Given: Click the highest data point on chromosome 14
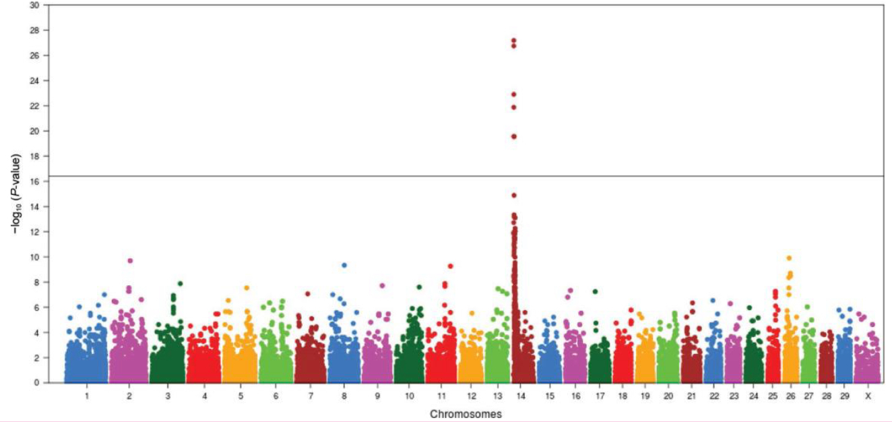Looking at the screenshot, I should [513, 40].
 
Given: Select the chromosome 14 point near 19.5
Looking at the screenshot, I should [513, 136].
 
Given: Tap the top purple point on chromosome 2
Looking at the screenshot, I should [130, 261].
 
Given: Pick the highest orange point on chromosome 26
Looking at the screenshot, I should [789, 258].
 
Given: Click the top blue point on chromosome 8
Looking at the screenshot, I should [344, 265].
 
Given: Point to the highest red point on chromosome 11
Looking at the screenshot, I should [450, 266].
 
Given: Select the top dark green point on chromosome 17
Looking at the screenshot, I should [596, 291].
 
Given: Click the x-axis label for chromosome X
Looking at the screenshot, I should [867, 396].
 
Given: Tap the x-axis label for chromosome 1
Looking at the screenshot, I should [87, 396].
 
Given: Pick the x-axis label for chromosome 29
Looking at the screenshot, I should [844, 396].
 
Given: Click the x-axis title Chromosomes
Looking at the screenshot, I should [466, 414].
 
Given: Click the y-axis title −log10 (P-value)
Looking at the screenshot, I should [16, 193].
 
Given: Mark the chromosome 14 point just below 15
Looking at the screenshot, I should [513, 195].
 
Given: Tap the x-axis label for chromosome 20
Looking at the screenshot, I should [668, 396].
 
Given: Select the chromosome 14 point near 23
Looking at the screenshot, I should [513, 94].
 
